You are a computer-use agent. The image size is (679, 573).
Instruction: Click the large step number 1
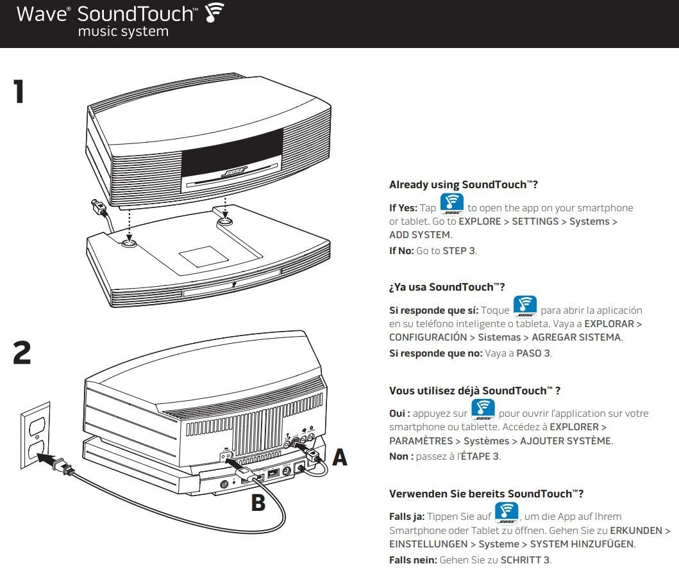[19, 91]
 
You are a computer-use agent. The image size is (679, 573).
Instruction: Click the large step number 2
[22, 353]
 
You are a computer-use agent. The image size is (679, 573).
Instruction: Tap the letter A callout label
[339, 456]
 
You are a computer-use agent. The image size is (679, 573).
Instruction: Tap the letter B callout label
[258, 503]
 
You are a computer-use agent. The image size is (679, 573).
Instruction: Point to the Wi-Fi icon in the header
[214, 15]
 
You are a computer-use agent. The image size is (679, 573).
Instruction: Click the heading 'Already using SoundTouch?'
[463, 184]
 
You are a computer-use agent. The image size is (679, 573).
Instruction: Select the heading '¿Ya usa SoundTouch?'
[446, 287]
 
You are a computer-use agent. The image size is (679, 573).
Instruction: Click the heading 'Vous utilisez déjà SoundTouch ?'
[474, 391]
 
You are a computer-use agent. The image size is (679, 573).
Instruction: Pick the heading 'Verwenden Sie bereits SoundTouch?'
[486, 494]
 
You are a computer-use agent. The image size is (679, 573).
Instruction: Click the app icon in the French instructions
[483, 410]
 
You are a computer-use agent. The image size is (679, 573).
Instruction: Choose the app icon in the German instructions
[507, 513]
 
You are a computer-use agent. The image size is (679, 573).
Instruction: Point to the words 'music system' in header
[123, 31]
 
